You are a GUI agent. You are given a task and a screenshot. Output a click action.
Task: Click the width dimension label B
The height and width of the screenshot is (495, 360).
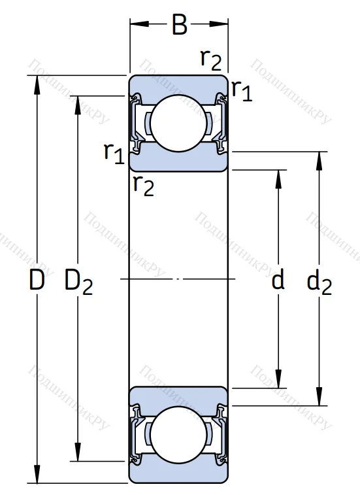(x=180, y=24)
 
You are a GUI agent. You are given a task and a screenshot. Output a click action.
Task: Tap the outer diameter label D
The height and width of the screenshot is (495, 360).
(x=37, y=280)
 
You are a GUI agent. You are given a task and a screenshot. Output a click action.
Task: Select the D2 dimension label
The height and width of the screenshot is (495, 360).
(x=78, y=282)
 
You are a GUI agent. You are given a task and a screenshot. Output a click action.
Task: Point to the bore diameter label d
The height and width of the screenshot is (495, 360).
(x=278, y=279)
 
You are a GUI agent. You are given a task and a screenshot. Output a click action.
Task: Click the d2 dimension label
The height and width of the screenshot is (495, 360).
(x=319, y=282)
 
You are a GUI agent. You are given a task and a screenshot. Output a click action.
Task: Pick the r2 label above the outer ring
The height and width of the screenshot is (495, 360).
(x=211, y=60)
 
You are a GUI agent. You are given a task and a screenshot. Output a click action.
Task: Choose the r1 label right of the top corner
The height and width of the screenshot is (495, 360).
(x=242, y=91)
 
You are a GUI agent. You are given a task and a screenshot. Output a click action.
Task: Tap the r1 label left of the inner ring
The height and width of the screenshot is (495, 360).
(x=114, y=153)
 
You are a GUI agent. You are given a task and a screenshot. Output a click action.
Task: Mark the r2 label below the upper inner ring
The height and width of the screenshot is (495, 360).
(x=144, y=186)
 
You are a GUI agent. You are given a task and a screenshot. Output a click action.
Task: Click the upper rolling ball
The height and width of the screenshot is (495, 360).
(x=179, y=123)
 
